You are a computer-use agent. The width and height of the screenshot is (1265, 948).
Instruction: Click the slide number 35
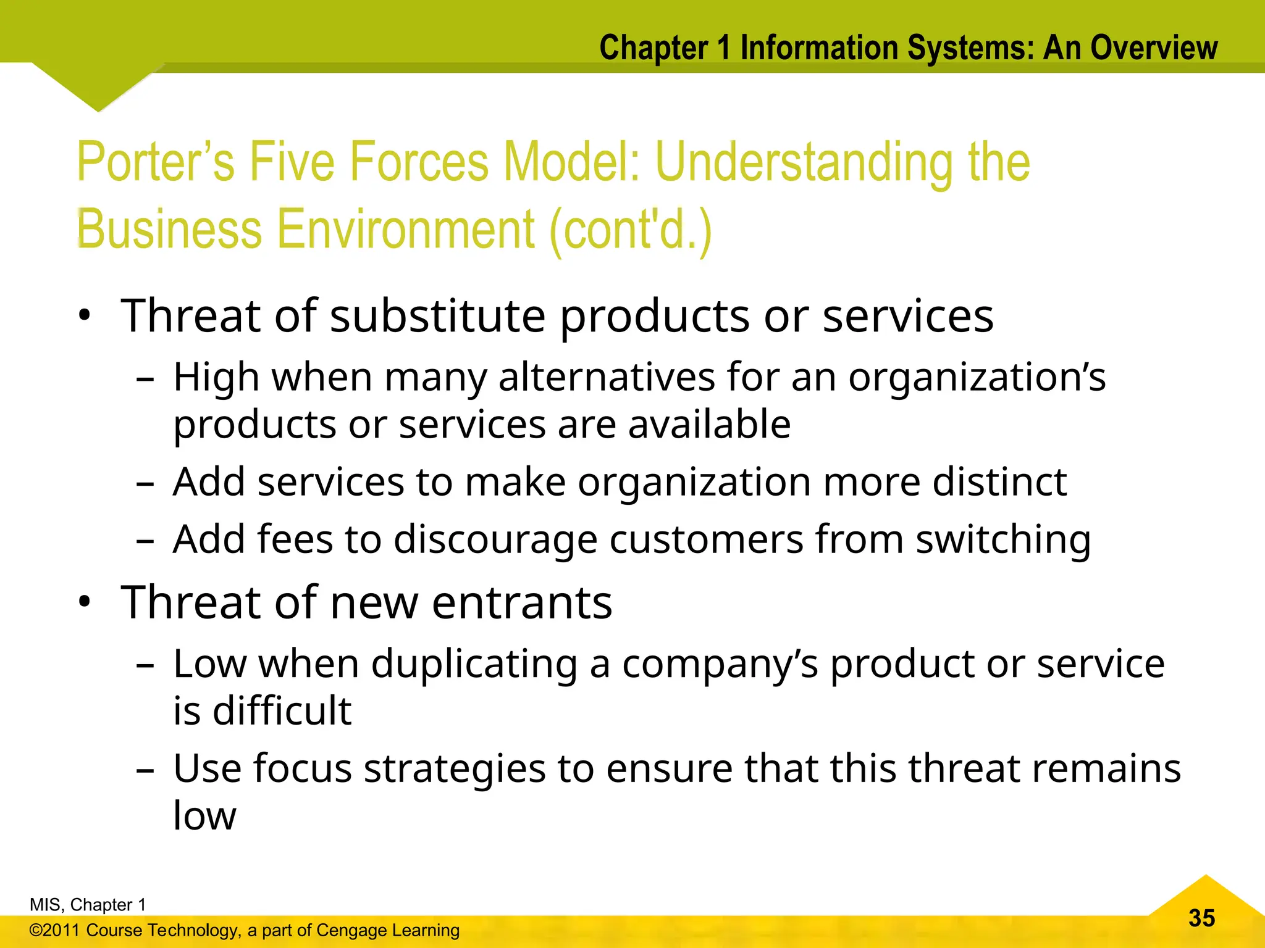click(1201, 918)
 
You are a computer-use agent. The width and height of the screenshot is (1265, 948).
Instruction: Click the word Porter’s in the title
click(155, 162)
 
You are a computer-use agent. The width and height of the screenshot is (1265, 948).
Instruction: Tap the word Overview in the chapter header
click(1154, 48)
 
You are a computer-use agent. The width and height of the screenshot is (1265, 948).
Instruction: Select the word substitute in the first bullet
click(438, 316)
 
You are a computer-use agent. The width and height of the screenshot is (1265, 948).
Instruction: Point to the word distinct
click(999, 482)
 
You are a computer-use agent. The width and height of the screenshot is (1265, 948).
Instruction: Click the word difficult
click(282, 711)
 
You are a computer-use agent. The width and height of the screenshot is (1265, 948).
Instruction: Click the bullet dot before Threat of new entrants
click(85, 601)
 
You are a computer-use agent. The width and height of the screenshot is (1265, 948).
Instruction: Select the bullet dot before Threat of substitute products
click(85, 315)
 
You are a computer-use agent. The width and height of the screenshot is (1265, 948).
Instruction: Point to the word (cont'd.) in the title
click(630, 230)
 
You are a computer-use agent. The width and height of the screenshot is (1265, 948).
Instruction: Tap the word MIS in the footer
click(44, 905)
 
